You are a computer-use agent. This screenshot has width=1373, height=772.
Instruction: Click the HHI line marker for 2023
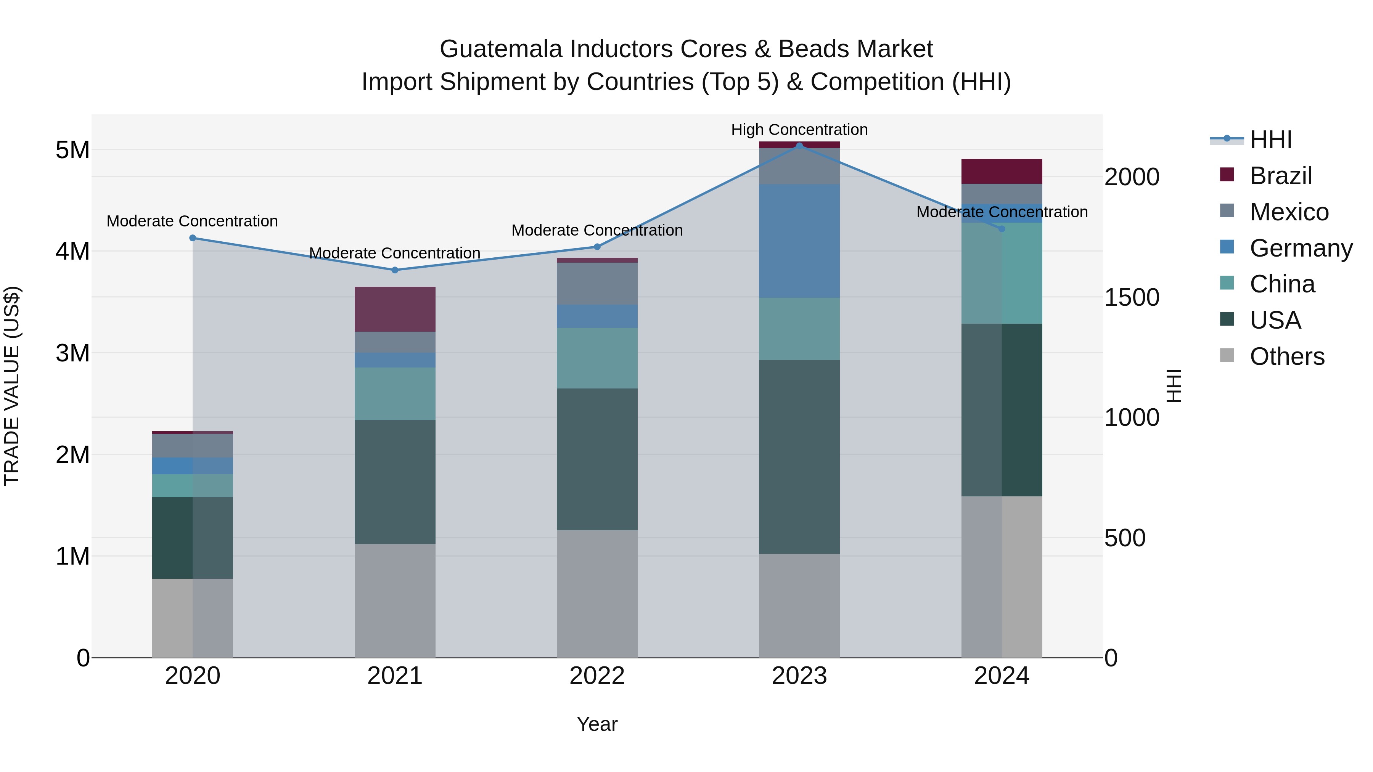[799, 146]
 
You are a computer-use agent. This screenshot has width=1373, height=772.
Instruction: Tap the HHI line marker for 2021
[395, 270]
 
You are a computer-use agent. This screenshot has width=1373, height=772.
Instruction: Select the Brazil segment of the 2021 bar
[395, 309]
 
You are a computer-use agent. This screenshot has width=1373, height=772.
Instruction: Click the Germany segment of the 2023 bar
[799, 241]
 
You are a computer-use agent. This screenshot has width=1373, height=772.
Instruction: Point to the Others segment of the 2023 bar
[799, 605]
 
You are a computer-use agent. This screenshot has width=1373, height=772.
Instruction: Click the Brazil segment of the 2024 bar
[1002, 171]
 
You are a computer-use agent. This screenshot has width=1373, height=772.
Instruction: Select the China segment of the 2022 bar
[597, 358]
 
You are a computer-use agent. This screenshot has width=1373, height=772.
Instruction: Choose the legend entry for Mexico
[1288, 212]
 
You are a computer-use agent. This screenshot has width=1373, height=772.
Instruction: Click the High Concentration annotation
[799, 130]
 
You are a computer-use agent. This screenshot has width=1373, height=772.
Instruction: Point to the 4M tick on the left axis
[72, 251]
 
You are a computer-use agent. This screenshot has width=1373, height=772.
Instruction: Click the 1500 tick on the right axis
[1132, 297]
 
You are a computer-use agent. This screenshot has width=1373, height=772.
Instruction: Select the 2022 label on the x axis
[597, 676]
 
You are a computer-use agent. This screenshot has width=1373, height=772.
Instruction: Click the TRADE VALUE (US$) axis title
[12, 386]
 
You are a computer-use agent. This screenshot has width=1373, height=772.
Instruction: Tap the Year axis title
[597, 724]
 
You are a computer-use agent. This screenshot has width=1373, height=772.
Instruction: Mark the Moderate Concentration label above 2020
[193, 221]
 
